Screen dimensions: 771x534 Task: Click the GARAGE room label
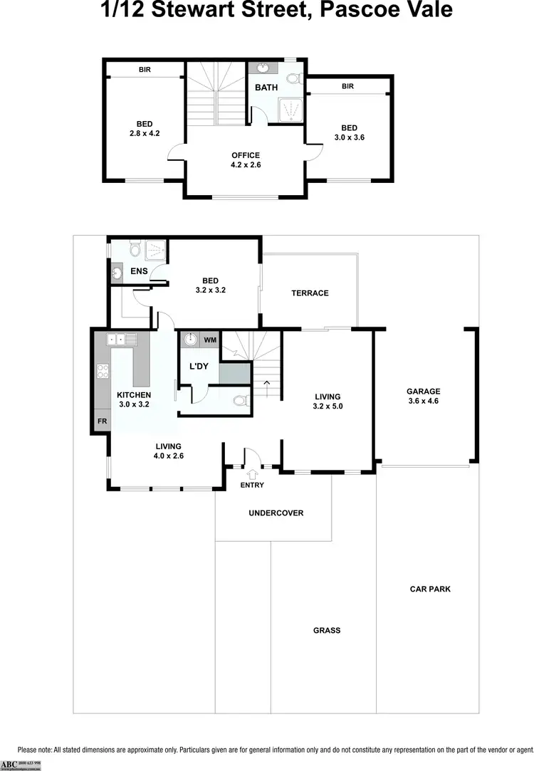(423, 391)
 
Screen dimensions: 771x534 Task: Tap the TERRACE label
(310, 293)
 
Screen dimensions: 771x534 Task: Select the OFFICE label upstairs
(246, 155)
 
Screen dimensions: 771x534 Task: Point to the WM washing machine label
(210, 340)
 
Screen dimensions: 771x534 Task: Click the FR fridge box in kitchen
(102, 421)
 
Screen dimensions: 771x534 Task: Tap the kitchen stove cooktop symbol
(102, 371)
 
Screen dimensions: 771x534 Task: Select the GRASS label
(327, 630)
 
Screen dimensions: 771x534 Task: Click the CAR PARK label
(430, 589)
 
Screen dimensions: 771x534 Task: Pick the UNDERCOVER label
(276, 513)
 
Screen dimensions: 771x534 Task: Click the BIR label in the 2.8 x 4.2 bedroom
(144, 69)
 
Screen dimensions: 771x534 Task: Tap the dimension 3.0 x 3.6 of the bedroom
(349, 138)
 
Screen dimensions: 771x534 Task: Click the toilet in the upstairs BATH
(293, 79)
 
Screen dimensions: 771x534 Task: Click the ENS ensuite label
(139, 271)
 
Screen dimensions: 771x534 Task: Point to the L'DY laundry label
(198, 366)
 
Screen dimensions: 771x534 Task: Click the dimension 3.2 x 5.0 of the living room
(328, 407)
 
